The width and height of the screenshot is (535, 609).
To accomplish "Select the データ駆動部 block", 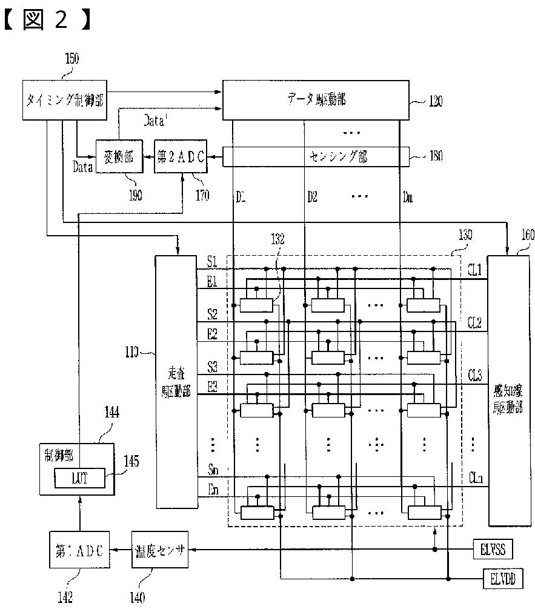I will (316, 100).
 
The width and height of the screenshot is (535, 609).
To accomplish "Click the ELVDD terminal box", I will (500, 578).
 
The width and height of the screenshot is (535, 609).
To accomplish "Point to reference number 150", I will (71, 59).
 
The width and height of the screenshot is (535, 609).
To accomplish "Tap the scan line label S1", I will (212, 262).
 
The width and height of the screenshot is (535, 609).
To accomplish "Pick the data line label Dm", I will (408, 197).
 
